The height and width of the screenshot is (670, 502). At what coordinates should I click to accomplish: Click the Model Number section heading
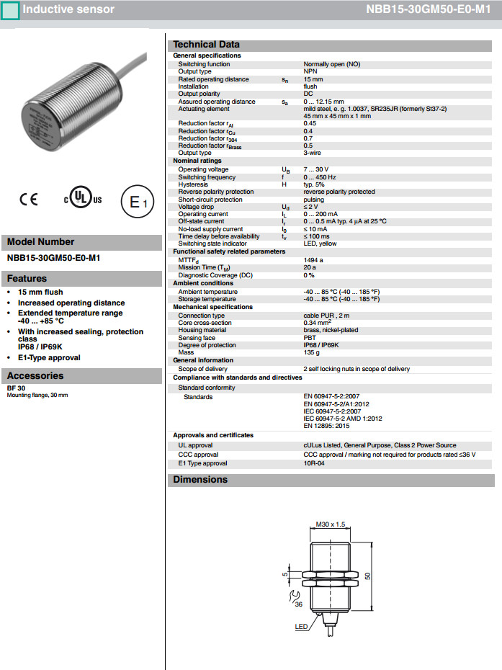(40, 242)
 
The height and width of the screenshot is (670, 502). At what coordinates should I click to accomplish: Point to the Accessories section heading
(35, 375)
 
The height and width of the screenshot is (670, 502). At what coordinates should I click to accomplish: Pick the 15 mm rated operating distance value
(313, 79)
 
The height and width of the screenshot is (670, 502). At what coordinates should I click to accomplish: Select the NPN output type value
(310, 71)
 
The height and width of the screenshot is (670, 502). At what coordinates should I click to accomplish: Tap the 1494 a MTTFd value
(313, 260)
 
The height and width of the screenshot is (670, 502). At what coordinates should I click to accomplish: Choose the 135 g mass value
(311, 352)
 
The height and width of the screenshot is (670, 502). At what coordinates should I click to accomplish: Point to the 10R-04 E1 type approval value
(314, 463)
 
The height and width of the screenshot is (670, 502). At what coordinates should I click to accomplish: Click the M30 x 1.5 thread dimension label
(331, 524)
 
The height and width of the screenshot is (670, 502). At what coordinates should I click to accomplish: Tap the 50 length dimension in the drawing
(367, 576)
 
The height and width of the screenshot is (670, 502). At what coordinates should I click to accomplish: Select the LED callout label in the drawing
(301, 627)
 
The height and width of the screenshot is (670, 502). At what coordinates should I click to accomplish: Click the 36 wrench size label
(298, 604)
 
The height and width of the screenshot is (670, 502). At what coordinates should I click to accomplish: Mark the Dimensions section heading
(200, 480)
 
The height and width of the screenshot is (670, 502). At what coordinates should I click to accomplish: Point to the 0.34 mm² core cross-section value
(318, 323)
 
